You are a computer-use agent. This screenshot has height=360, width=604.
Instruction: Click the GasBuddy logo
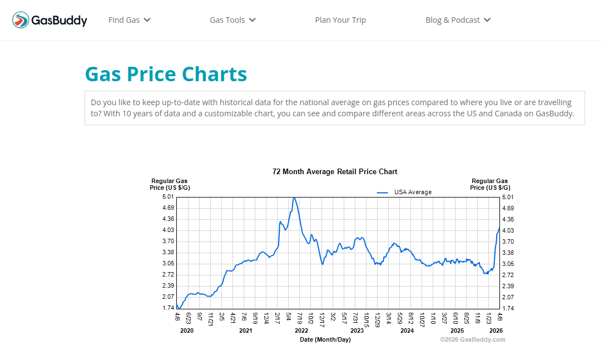pos(50,21)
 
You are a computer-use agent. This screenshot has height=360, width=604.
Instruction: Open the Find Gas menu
pos(129,20)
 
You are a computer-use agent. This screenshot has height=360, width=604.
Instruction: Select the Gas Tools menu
pos(232,20)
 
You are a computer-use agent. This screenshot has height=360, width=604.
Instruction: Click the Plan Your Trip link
pos(340,20)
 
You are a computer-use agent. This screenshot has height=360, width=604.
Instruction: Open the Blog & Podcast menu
pos(458,20)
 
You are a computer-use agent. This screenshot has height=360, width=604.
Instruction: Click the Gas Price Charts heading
pos(166,74)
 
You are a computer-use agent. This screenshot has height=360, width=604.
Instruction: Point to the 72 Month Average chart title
pos(335,171)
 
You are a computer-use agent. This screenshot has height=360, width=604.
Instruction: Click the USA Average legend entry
pos(412,192)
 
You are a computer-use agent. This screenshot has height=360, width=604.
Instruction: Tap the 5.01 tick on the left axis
pos(168,197)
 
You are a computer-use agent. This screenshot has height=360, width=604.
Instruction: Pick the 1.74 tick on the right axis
pos(507,308)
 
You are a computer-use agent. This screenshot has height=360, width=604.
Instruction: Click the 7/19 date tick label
pos(299,318)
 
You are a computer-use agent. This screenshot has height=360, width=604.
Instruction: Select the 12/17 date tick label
pos(321,319)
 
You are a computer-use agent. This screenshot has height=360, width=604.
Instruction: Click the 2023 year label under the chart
pos(357,331)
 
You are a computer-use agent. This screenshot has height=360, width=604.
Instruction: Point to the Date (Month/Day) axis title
pos(325,339)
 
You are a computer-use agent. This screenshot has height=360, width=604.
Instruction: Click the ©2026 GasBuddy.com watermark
pos(473,339)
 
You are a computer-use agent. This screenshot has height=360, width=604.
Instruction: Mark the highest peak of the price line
pos(294,198)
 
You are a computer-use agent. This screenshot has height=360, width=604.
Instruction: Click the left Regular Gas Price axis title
pos(169,184)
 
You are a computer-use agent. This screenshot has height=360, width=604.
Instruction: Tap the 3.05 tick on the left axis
pos(168,264)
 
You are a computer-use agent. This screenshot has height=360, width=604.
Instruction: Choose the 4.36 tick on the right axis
pos(507,219)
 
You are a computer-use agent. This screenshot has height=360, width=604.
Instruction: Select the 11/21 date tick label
pos(210,319)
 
